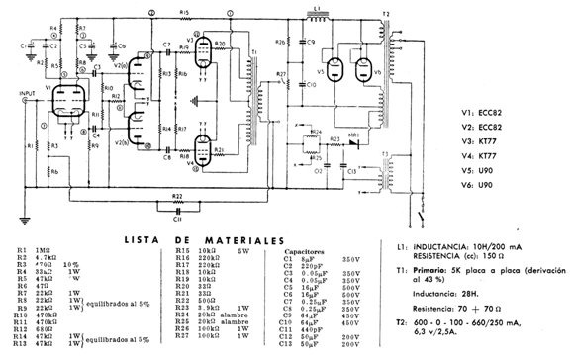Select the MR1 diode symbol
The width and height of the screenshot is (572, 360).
pos(362,140)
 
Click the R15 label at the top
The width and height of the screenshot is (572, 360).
pos(185,11)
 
